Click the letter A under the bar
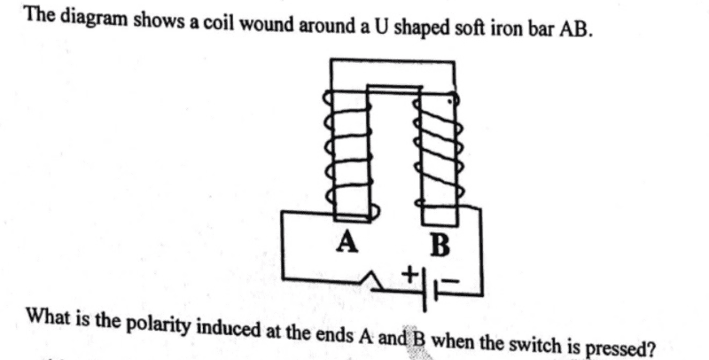347,242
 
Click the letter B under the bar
440,247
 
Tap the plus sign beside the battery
410,274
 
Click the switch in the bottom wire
376,280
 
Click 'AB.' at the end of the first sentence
577,30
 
